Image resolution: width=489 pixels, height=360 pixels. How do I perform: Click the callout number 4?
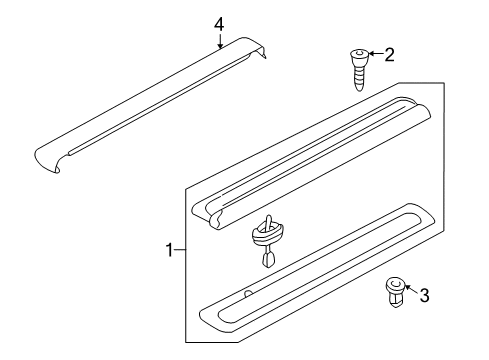(x=219, y=25)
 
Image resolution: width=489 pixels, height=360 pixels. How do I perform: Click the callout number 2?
(x=389, y=55)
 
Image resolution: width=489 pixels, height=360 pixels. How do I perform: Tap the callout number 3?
(x=424, y=295)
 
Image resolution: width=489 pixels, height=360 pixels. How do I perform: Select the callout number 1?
(x=170, y=250)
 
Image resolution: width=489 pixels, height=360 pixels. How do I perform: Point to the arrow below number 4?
(x=220, y=41)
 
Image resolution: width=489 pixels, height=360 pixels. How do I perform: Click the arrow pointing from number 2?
(x=376, y=54)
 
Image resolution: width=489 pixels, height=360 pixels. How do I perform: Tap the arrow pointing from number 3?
(x=412, y=290)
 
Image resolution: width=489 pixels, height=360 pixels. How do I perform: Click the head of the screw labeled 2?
(x=360, y=55)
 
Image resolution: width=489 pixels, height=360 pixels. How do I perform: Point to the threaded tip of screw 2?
(x=359, y=88)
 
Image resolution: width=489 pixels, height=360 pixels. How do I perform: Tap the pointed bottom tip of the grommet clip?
(x=268, y=264)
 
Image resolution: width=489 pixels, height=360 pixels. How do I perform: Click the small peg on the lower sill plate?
(x=248, y=293)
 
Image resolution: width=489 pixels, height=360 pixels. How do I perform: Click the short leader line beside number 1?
(x=180, y=250)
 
